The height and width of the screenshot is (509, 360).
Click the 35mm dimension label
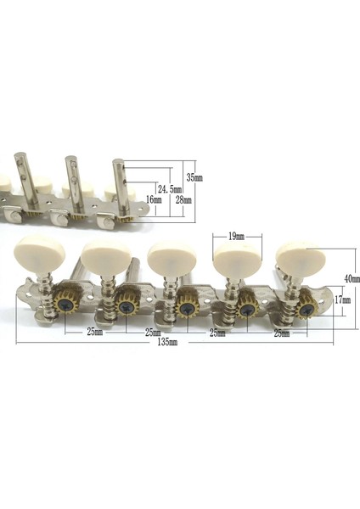195,177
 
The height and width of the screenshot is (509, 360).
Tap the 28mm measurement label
183,201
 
